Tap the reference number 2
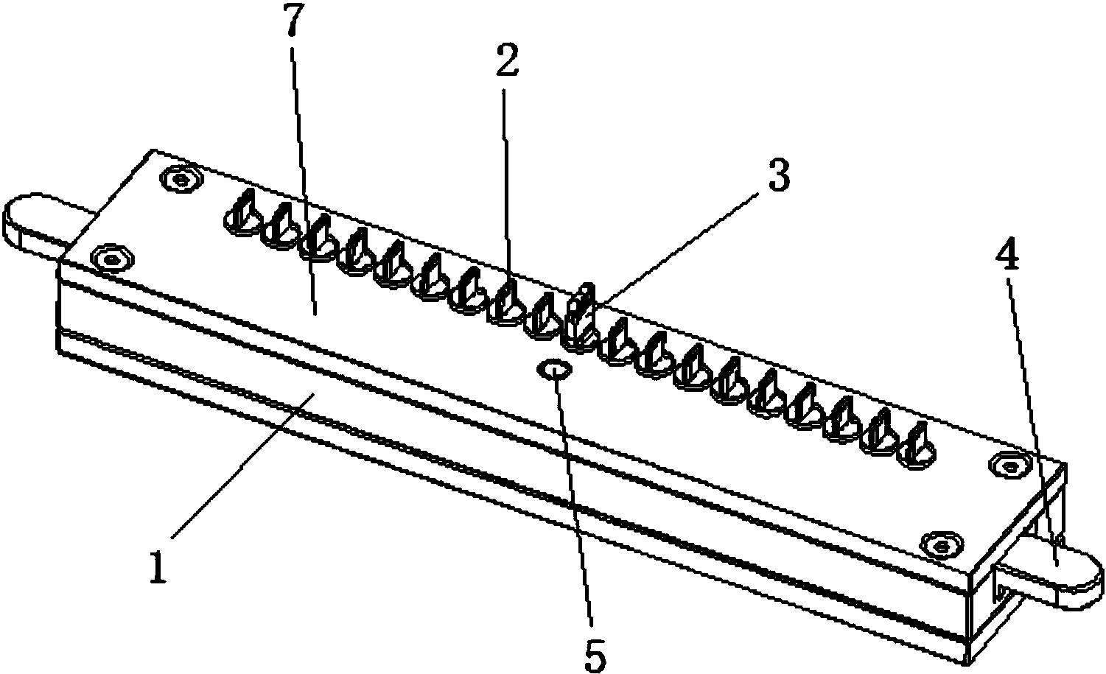point(507,60)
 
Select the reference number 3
point(779,176)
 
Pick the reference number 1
point(158,567)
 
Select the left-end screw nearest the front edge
point(113,258)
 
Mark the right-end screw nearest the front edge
point(942,546)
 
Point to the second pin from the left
point(280,227)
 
